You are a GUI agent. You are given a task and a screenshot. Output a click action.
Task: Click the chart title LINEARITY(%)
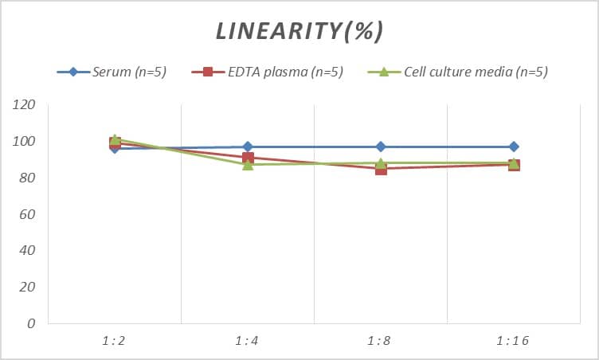[299, 31]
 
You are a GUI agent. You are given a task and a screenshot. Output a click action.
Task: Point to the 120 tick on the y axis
[25, 104]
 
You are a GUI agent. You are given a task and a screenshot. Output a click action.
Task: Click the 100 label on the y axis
[25, 141]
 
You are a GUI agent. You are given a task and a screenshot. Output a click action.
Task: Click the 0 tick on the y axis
[31, 323]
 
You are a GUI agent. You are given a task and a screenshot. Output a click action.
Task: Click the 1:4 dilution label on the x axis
[248, 341]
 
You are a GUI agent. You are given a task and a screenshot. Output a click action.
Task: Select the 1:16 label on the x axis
[513, 341]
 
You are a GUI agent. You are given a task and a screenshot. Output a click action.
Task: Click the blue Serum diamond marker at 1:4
[248, 147]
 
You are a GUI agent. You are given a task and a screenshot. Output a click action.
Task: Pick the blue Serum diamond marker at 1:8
[381, 147]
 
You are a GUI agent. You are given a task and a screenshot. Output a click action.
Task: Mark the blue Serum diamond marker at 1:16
[514, 147]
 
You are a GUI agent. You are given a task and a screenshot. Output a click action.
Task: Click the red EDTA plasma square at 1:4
[248, 158]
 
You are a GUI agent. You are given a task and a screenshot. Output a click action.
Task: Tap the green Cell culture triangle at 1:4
[248, 164]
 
